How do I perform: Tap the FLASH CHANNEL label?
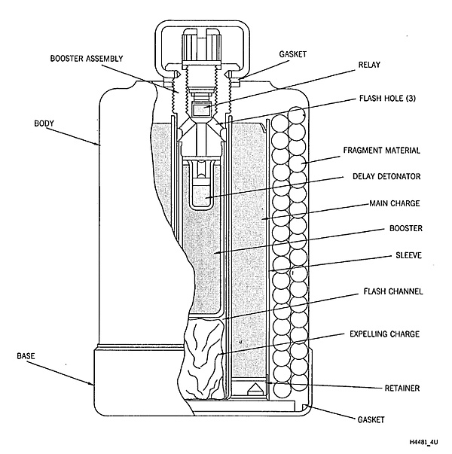(392, 291)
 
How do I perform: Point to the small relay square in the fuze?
(201, 111)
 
